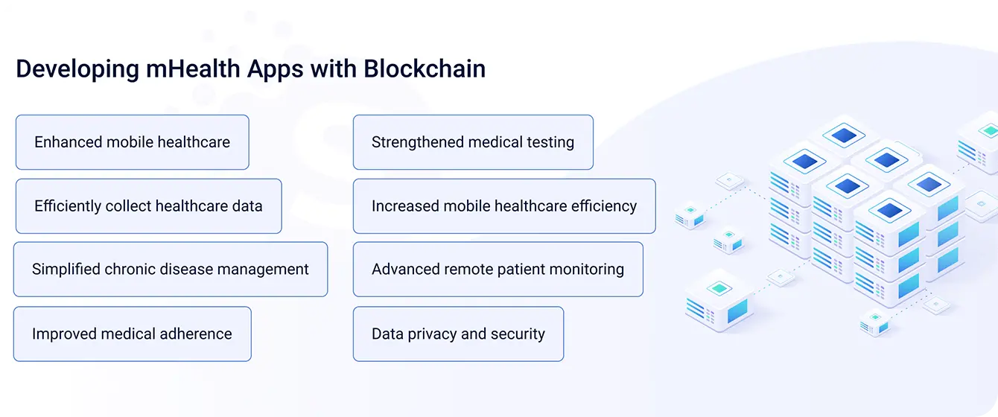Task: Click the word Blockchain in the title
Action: [x=425, y=69]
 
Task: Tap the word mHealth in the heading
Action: [x=193, y=69]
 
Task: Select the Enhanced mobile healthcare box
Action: [x=133, y=142]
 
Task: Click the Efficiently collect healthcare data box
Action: [x=149, y=206]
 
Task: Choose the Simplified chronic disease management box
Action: [x=171, y=269]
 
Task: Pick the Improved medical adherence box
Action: [x=133, y=334]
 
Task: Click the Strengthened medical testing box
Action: [x=473, y=142]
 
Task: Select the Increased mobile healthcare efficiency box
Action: [x=504, y=206]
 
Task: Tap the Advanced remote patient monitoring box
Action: [x=498, y=269]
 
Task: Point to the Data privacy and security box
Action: [x=459, y=334]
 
